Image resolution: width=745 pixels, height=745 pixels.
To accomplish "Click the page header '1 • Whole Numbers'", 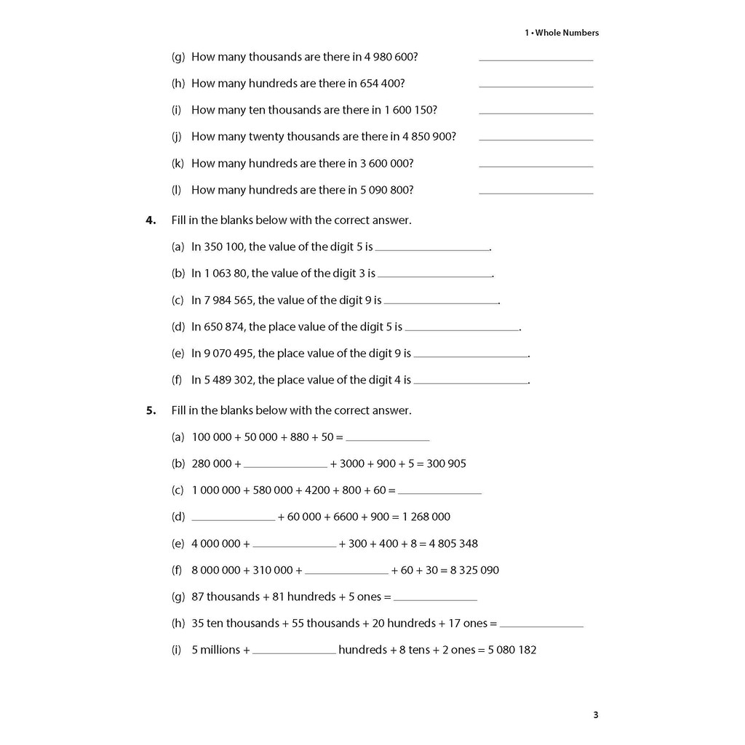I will point(562,33).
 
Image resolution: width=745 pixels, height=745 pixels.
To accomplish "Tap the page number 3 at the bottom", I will point(595,715).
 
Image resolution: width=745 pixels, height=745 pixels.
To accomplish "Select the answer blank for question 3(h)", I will point(536,87).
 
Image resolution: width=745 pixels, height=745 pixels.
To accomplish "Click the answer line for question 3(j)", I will point(536,140).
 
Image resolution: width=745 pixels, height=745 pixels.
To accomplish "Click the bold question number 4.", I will point(151,220).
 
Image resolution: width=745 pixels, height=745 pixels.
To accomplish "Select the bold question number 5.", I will point(151,410).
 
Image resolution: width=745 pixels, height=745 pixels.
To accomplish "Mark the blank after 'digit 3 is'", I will point(435,276).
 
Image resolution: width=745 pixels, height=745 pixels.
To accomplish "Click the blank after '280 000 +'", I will point(285,466).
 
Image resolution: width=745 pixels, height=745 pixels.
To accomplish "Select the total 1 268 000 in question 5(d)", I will point(426,517).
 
